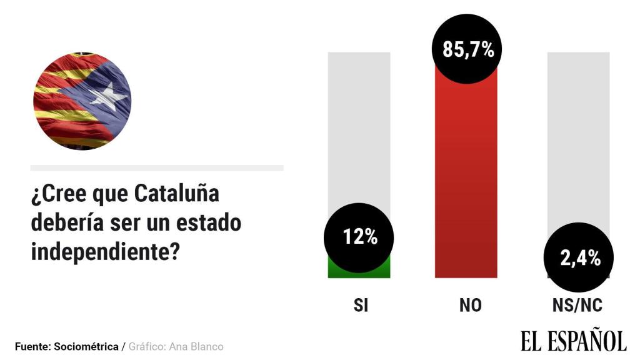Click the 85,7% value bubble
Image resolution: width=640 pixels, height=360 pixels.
coord(468,48)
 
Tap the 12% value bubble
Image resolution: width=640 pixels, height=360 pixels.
coord(359,237)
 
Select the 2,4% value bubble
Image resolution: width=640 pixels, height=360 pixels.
coord(579,257)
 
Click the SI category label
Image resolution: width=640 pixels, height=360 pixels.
coord(361,306)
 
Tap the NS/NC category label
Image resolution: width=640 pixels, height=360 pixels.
coord(577,306)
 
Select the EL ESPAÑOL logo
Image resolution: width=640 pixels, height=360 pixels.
coord(573,341)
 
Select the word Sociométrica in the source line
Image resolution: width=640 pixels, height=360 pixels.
coord(86,346)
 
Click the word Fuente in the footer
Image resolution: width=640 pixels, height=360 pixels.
coord(32,346)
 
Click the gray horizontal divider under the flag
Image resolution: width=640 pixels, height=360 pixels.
coord(157,167)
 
